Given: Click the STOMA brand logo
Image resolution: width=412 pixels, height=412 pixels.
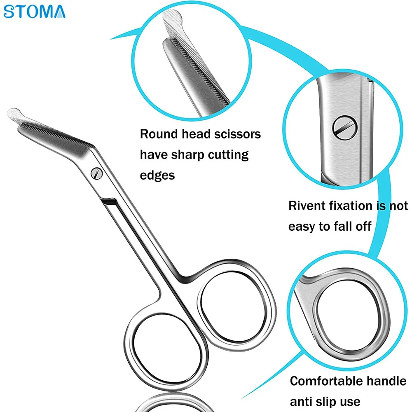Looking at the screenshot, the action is [x=35, y=11].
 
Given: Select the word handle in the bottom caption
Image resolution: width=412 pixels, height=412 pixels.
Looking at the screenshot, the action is [x=386, y=381].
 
